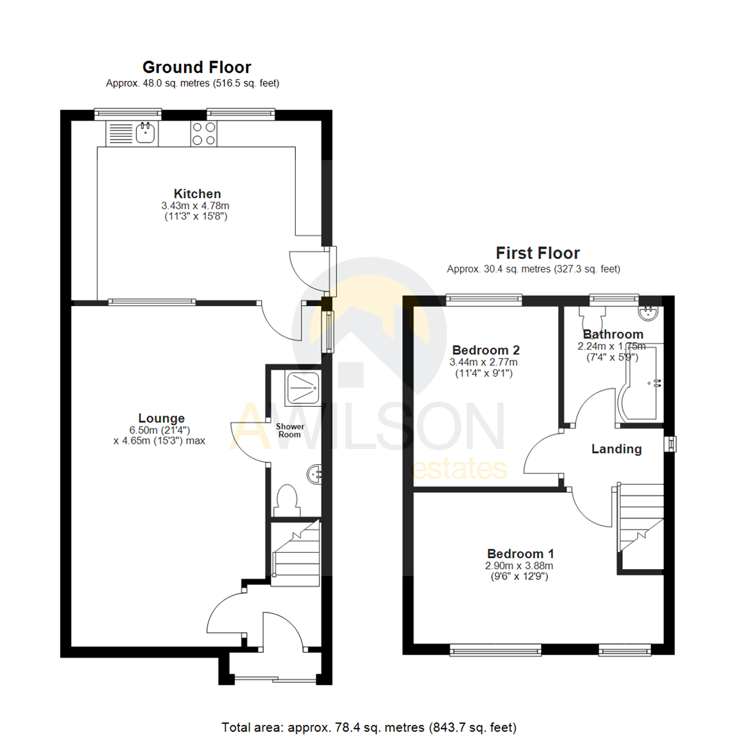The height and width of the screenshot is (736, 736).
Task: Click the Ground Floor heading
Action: (x=196, y=67)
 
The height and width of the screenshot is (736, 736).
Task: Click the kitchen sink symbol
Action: (x=146, y=132)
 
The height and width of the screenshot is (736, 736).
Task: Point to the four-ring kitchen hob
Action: (x=203, y=133)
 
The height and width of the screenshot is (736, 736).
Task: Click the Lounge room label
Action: (x=162, y=418)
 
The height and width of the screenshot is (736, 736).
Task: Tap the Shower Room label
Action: (x=290, y=431)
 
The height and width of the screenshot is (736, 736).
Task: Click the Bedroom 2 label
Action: (x=485, y=350)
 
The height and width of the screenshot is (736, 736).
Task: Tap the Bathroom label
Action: (x=613, y=334)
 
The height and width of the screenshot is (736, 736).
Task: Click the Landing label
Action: (x=616, y=449)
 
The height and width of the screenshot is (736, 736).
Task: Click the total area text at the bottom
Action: (x=369, y=726)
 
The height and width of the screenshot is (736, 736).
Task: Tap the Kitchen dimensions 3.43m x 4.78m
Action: (x=196, y=206)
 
